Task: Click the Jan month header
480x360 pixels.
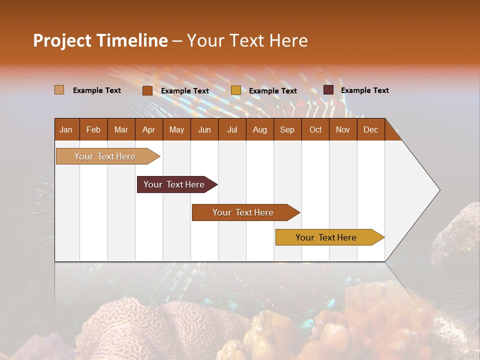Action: click(x=66, y=129)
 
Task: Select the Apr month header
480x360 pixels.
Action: click(x=149, y=129)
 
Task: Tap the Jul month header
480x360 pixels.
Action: click(x=232, y=129)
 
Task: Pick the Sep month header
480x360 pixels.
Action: click(x=287, y=129)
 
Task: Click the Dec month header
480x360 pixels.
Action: click(x=370, y=129)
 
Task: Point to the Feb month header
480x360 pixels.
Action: click(x=93, y=129)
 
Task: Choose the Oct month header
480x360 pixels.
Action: click(x=315, y=129)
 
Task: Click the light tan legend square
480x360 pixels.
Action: click(x=59, y=90)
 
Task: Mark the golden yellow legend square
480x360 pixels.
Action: click(x=236, y=90)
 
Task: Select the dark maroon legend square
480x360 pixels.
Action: click(x=328, y=90)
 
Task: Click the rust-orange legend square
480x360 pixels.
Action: click(x=147, y=90)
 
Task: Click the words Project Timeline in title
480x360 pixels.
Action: click(x=100, y=40)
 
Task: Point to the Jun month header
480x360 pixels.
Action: click(x=204, y=129)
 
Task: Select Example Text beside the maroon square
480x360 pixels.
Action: click(x=364, y=90)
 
